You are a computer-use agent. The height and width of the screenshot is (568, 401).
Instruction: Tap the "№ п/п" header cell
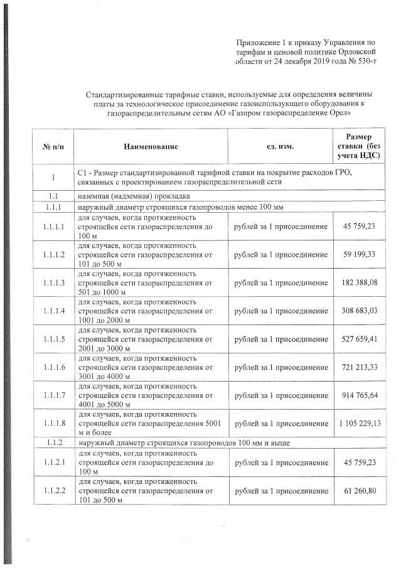pyautogui.click(x=54, y=147)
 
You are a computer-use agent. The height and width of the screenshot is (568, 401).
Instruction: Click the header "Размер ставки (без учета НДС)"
pyautogui.click(x=358, y=146)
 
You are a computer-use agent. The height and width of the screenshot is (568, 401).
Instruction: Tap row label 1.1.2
pyautogui.click(x=54, y=443)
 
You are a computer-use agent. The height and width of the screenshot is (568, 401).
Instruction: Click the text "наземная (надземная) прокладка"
pyautogui.click(x=129, y=196)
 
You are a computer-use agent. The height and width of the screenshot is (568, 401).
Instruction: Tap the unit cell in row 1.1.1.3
pyautogui.click(x=281, y=282)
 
